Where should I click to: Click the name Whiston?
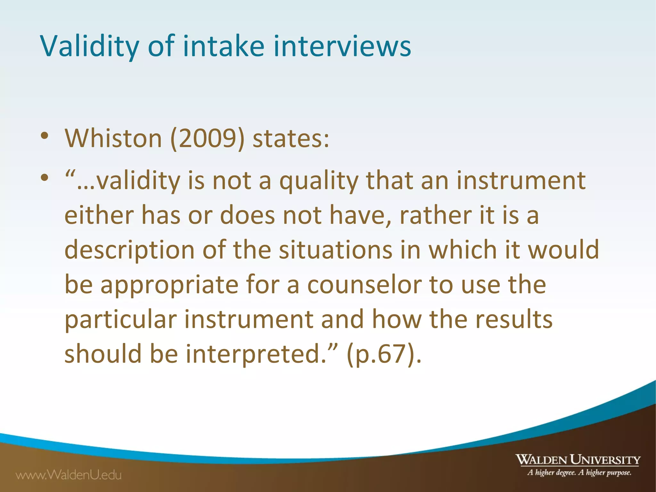113,138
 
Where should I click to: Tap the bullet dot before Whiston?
45,136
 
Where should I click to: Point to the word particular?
121,320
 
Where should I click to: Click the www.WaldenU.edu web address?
69,475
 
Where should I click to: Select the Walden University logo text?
578,460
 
